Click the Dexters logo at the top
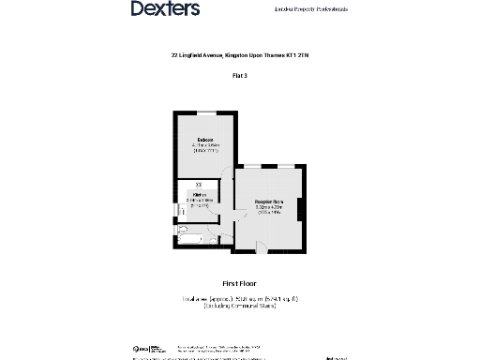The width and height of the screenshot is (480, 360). click(x=165, y=9)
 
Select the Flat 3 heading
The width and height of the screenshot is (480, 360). click(x=239, y=74)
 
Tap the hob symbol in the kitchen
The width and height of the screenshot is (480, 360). click(x=198, y=183)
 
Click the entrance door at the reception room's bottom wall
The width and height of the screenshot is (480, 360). click(x=262, y=248)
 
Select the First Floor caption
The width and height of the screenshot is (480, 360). click(x=239, y=282)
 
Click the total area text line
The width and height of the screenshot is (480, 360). click(x=239, y=298)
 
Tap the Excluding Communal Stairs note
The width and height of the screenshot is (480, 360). click(x=239, y=307)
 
